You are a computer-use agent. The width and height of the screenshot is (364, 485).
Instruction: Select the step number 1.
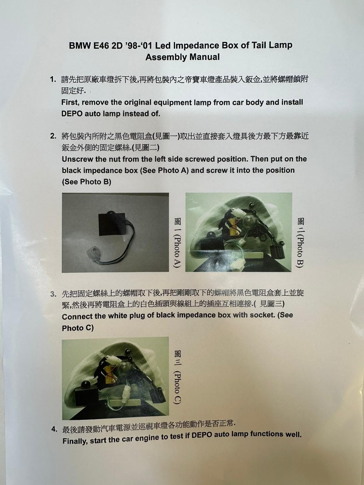point(53,79)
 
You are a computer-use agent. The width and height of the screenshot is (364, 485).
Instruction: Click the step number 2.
point(53,136)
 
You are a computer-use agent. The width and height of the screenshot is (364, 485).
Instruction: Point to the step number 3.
point(53,294)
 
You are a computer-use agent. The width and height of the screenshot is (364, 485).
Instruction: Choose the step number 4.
point(55,429)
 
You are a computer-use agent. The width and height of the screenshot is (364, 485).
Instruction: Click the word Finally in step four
point(75,441)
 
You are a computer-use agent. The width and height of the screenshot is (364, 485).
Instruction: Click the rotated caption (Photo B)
point(300,251)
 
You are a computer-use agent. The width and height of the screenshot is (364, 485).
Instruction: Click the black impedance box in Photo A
point(111,224)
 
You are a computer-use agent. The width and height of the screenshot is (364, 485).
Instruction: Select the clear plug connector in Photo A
point(94,252)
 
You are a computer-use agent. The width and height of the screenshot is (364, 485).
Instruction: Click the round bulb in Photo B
point(251,220)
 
